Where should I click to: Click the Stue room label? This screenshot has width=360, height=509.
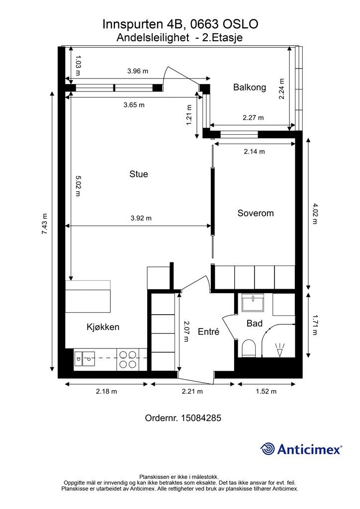coord(139,174)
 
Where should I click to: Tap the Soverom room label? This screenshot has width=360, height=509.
coord(256,213)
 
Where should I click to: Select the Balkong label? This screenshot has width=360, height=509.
coord(250,87)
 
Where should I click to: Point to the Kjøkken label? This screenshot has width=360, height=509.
coord(103,327)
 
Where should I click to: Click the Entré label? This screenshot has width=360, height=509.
coord(208,332)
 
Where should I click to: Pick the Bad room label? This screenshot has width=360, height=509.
coord(255,323)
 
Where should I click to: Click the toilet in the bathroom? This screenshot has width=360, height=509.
coord(249,348)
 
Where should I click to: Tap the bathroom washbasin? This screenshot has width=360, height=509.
coord(253,303)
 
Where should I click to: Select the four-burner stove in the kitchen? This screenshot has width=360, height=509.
coord(128,359)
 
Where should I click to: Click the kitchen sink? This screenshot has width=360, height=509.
coord(85,359)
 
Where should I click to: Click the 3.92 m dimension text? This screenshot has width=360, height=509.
coord(141,218)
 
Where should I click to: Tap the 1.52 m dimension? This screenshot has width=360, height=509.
coord(266,392)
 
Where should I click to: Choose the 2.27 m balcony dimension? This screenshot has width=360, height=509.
coord(253,117)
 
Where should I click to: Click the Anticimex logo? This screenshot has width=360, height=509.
coord(301,449)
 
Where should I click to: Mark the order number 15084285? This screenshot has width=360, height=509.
coord(201,418)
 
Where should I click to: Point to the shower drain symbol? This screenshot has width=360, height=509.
coord(279,350)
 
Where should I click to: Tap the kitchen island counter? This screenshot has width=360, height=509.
coord(88,297)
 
